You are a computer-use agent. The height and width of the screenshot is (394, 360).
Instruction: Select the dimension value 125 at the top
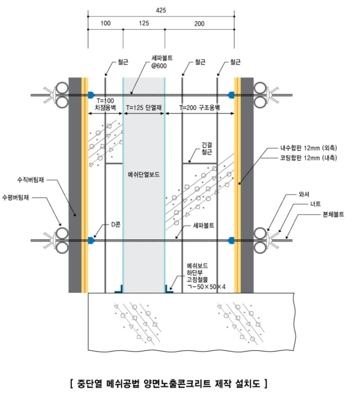[x=144, y=23]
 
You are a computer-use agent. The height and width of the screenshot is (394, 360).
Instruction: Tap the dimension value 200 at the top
[x=199, y=23]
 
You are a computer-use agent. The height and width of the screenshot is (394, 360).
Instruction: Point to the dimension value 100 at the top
[x=105, y=23]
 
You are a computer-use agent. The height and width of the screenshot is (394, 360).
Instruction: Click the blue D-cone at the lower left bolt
[x=91, y=240]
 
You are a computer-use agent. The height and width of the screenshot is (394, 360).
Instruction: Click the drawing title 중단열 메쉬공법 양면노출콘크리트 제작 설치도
[x=167, y=382]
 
